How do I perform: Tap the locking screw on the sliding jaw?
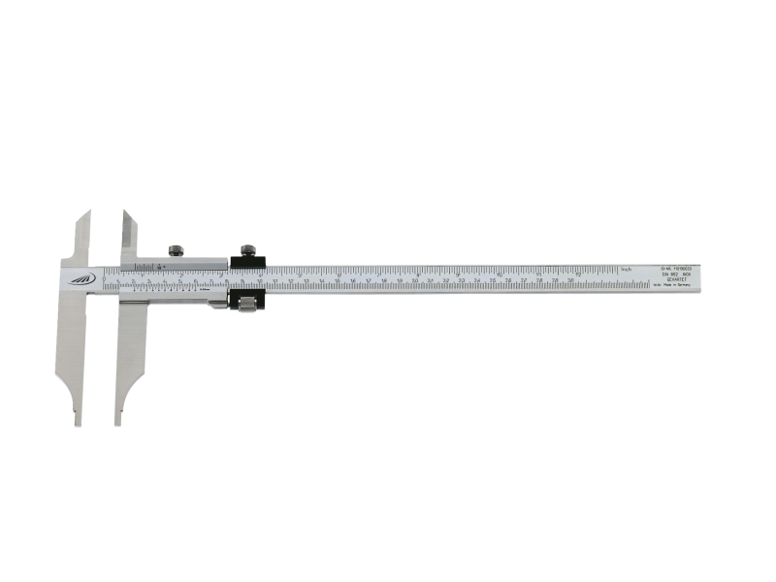click(x=176, y=250)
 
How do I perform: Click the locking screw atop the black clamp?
click(x=247, y=248)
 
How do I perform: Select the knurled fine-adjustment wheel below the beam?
click(x=246, y=305)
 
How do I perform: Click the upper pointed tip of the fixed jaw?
click(x=87, y=214)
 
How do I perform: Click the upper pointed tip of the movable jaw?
click(x=123, y=211)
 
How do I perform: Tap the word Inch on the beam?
click(x=627, y=269)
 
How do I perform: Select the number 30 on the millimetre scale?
click(x=570, y=281)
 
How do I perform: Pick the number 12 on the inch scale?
click(x=579, y=273)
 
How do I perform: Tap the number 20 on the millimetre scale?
click(x=414, y=281)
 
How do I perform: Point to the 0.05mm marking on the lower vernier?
click(x=205, y=291)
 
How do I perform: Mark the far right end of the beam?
click(x=700, y=277)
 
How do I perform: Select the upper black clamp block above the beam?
click(x=246, y=262)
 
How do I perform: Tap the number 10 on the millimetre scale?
click(x=260, y=281)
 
